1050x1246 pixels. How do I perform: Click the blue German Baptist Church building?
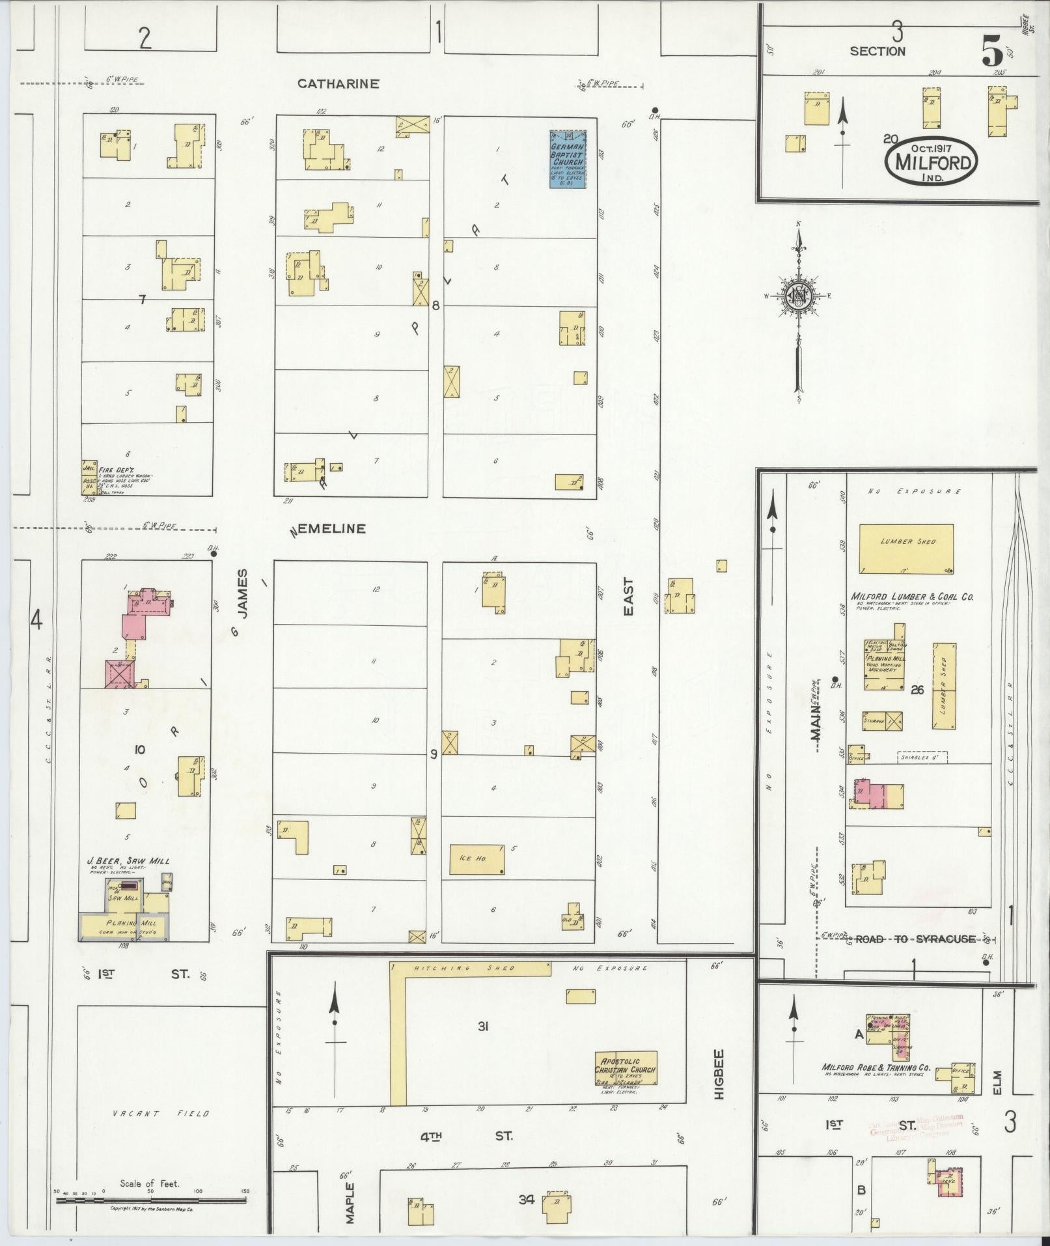[568, 159]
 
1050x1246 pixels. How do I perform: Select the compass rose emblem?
[798, 297]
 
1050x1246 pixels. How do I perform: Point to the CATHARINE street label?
[338, 83]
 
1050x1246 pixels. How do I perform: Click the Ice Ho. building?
[477, 860]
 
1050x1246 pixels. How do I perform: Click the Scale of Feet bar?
[151, 1198]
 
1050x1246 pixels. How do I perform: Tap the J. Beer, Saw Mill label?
[128, 860]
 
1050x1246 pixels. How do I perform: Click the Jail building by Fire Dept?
[89, 468]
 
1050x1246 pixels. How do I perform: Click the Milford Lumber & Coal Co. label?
[912, 596]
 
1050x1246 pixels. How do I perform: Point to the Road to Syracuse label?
[915, 939]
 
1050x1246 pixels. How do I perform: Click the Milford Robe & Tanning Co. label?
[876, 1068]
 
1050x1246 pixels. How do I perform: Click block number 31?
[482, 1027]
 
